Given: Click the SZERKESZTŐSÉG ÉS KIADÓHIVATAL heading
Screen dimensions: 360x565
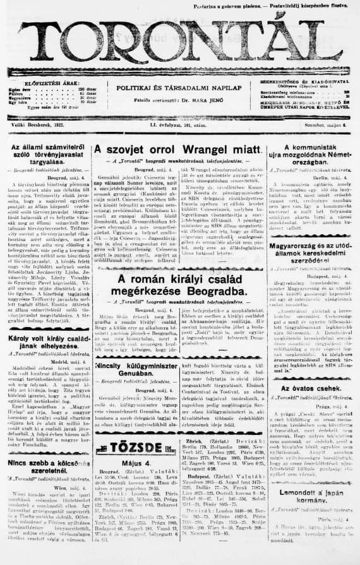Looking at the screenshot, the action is coord(306,83).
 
